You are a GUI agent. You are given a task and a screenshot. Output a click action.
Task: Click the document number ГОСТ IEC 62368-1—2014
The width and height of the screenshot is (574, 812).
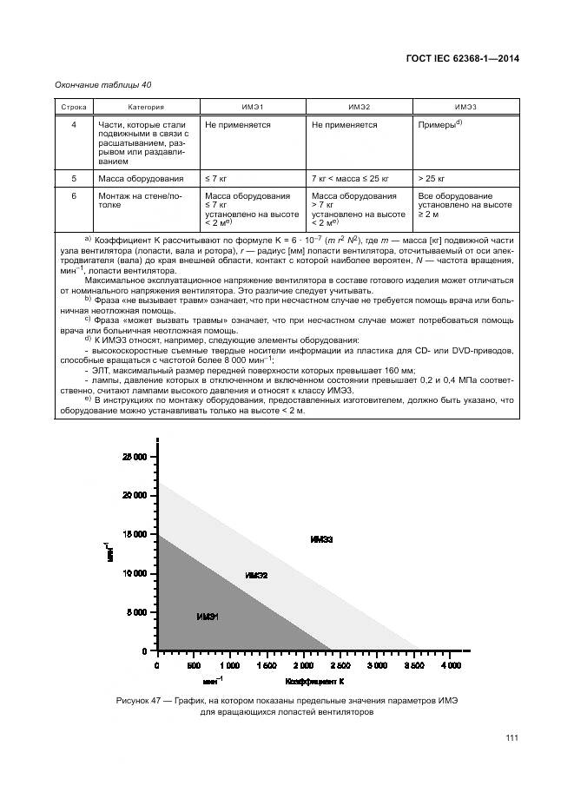pos(468,59)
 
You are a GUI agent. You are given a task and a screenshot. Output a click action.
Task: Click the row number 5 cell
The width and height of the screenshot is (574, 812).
pos(74,178)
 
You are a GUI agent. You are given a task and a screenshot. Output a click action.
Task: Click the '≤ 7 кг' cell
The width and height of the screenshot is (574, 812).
pos(216,178)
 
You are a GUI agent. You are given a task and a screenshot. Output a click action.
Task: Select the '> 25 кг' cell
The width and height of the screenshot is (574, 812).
pos(432,178)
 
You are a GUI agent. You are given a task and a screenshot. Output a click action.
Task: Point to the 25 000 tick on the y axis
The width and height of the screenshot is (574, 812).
pos(134,456)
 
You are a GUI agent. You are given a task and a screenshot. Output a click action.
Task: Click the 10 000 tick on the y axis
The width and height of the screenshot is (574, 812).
pos(134,573)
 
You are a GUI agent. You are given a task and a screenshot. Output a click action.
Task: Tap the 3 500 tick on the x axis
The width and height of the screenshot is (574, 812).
pos(412,665)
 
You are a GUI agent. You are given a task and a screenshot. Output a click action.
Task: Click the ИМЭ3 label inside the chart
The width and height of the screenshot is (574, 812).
pos(321,539)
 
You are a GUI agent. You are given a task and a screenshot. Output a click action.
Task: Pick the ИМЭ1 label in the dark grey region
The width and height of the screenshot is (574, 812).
pos(208,617)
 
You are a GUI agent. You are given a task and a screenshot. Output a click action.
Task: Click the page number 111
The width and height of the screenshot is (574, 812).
pos(511,738)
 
